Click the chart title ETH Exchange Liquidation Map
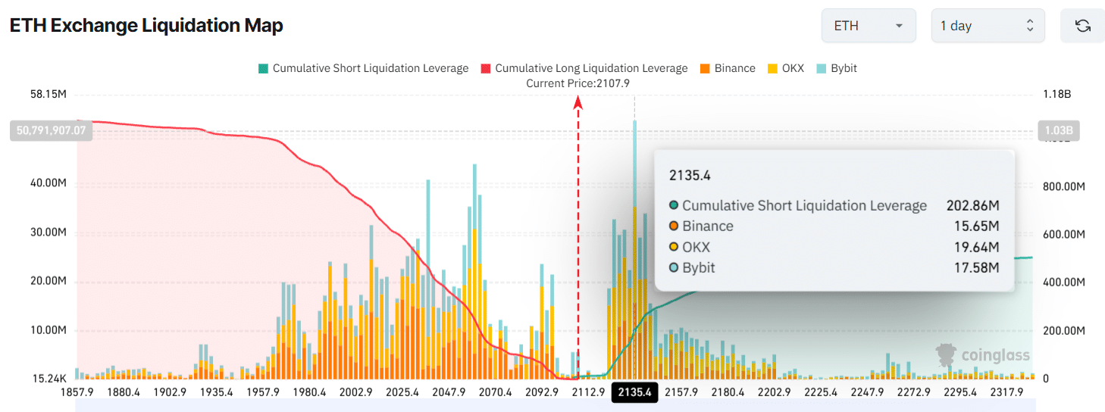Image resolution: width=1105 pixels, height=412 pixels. [x=146, y=26]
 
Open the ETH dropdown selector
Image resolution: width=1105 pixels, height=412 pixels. [x=869, y=26]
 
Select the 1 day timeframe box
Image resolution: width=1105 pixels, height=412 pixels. [x=987, y=26]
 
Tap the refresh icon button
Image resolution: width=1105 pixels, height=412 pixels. [x=1082, y=26]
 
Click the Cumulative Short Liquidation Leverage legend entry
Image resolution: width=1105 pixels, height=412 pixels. [x=363, y=68]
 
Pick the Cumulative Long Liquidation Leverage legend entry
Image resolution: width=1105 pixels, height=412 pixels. [x=584, y=68]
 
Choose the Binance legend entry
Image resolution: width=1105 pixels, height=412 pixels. [x=727, y=68]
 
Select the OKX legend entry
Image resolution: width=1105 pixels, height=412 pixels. [x=786, y=68]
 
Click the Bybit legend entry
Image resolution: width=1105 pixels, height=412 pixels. [x=837, y=68]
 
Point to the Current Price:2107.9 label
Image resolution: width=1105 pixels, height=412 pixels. [x=578, y=83]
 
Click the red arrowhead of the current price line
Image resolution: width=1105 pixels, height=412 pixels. [x=578, y=102]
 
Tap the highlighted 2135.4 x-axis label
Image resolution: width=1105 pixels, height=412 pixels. [x=634, y=392]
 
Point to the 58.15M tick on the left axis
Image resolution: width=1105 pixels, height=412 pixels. [x=49, y=95]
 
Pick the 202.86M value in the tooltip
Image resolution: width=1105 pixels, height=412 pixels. [x=972, y=205]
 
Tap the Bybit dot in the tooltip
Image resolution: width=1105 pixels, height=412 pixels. [x=674, y=267]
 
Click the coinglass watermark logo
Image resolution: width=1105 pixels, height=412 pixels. [x=982, y=354]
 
